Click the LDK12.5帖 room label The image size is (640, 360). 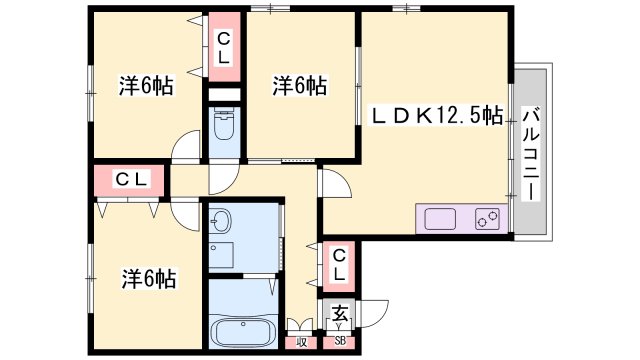tap(437, 116)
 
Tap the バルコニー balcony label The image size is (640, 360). tap(531, 149)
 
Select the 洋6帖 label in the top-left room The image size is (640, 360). tap(146, 87)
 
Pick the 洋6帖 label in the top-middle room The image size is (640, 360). tap(299, 87)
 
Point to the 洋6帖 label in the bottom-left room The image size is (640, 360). tap(149, 277)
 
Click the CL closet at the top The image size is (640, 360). tap(224, 49)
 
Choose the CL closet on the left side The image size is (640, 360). tap(130, 180)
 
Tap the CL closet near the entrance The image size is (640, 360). tap(340, 263)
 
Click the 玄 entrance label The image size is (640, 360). tap(340, 312)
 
